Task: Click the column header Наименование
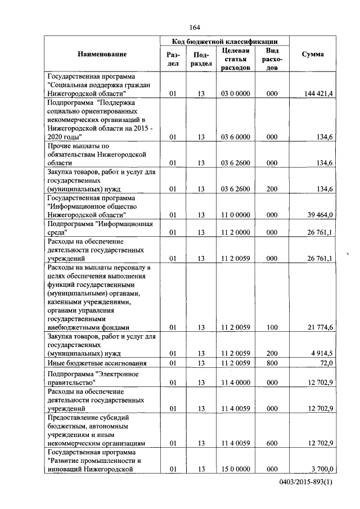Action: [x=102, y=54]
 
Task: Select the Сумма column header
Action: [x=312, y=54]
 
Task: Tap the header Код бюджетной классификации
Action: [x=225, y=41]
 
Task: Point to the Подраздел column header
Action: [x=202, y=58]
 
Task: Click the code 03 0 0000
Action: [x=236, y=94]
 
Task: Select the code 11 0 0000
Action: [x=236, y=215]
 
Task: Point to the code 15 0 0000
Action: [x=236, y=469]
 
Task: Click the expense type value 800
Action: [x=272, y=363]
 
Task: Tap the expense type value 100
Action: [x=272, y=327]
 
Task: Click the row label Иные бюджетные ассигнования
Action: [x=98, y=363]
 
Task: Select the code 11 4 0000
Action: [x=236, y=383]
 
